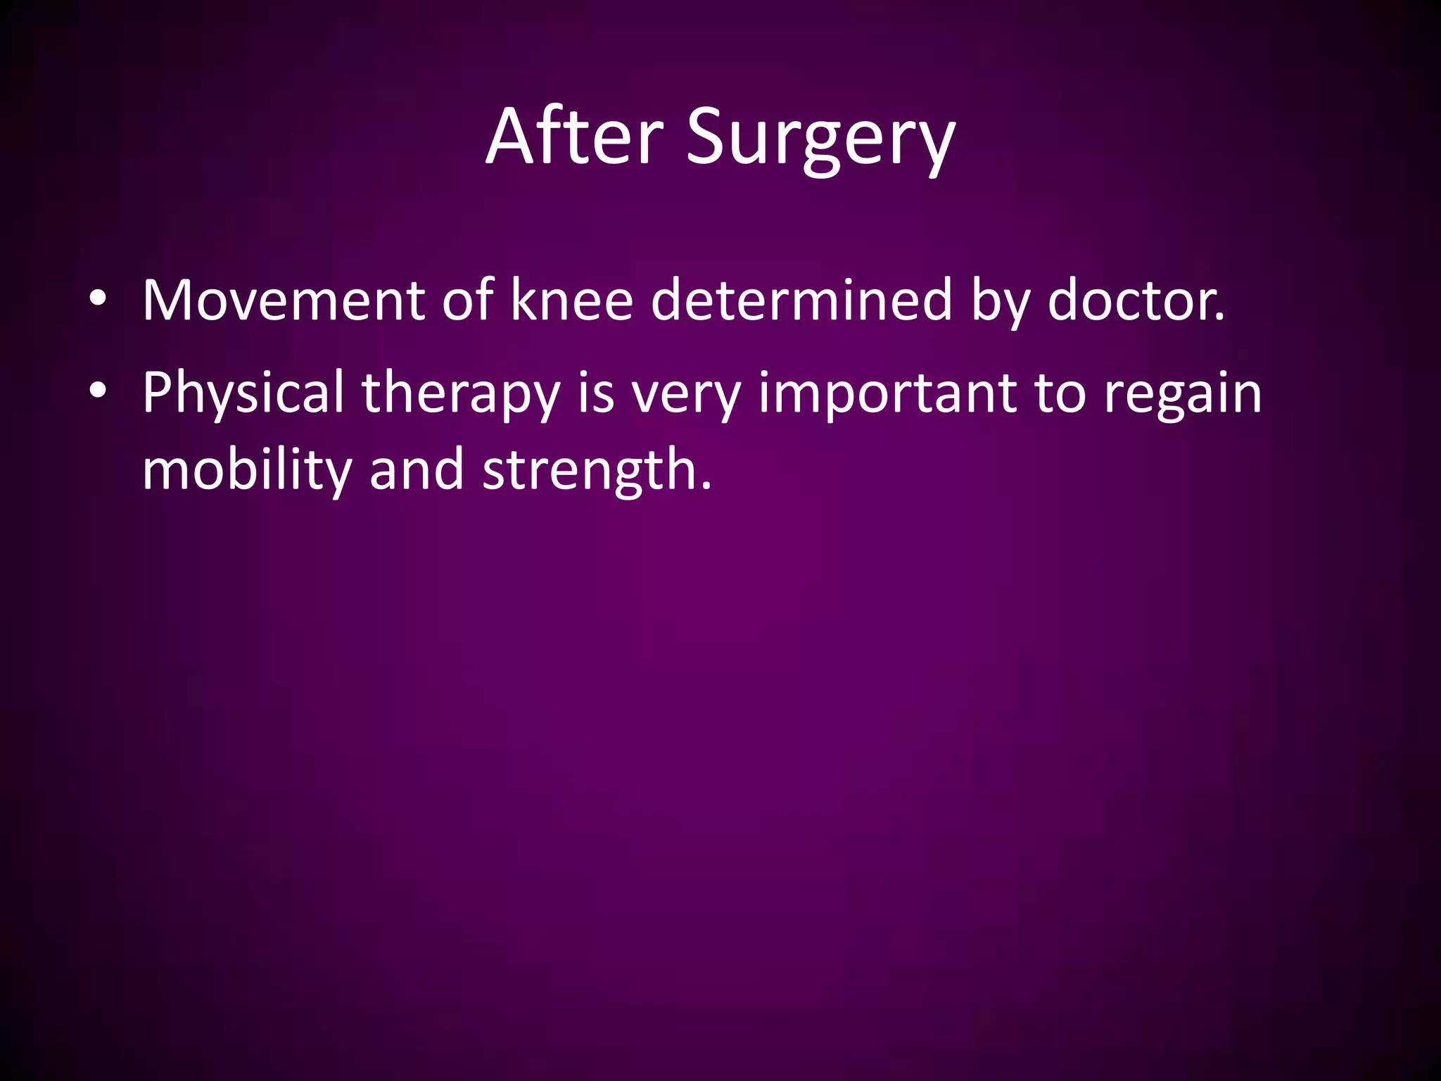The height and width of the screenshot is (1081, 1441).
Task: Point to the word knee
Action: click(x=571, y=301)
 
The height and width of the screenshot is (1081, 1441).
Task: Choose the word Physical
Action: click(x=243, y=393)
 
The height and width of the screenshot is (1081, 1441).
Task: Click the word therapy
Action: click(x=461, y=393)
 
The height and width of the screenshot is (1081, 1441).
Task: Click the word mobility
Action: click(x=246, y=469)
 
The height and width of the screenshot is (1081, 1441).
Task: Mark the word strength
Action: click(x=597, y=469)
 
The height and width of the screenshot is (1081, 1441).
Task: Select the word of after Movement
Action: click(x=467, y=301)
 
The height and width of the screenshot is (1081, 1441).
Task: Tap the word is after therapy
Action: click(x=595, y=393)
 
